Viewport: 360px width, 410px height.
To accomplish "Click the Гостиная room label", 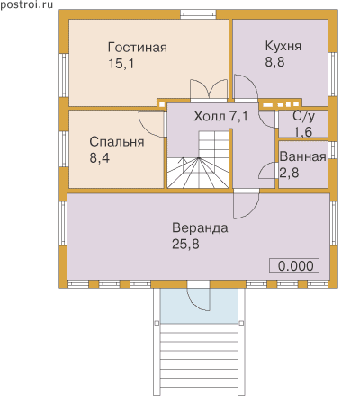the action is (138, 48).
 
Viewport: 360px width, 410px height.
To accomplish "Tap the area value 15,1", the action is (121, 64).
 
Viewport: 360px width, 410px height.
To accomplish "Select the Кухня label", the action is (283, 47).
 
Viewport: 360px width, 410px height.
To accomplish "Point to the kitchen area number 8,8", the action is (274, 62).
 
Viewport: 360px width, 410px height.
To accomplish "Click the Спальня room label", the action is (117, 142).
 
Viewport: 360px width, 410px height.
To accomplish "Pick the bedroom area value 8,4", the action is (100, 157).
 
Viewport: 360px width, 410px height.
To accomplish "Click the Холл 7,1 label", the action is (221, 116).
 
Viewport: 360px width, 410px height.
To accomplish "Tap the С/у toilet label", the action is (303, 116).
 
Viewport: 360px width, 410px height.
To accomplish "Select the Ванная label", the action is (302, 156).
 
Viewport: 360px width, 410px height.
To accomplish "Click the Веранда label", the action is (200, 228).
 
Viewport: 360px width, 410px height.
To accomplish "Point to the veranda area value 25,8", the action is (185, 244).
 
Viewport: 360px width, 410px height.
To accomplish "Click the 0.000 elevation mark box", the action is (294, 266).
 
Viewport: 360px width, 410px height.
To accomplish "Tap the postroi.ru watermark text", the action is (26, 4).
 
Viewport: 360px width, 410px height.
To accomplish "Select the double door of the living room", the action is (209, 90).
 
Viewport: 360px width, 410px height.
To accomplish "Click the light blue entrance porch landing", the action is (199, 306).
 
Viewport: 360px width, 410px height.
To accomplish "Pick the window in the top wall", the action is (198, 14).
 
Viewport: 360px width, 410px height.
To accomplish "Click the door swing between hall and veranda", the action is (246, 206).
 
